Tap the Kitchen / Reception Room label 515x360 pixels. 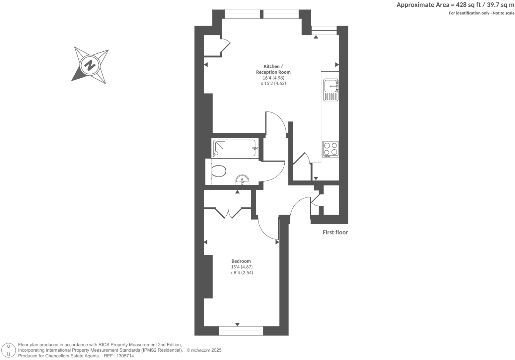point(273,69)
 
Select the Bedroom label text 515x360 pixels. point(241,261)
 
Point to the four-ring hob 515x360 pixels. point(331,149)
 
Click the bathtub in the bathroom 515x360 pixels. point(235,148)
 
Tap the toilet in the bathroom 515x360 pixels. point(218,171)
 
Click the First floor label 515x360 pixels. point(335,232)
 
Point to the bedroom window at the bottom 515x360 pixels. point(241,331)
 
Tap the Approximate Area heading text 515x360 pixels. point(455,5)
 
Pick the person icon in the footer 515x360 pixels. point(9,350)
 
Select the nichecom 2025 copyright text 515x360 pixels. point(204,350)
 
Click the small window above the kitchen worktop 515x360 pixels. point(324,31)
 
